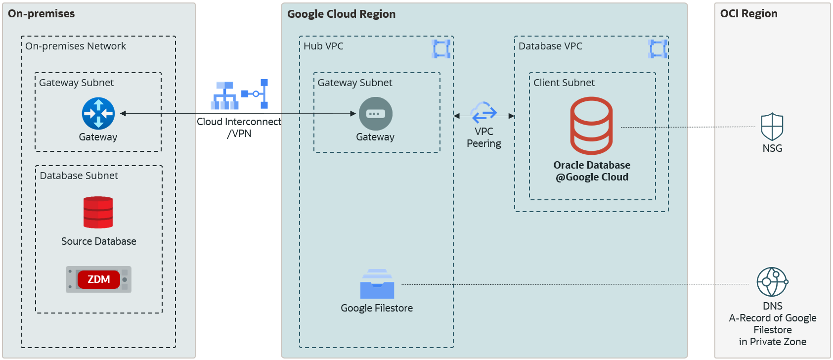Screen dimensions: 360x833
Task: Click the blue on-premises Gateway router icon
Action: (98, 113)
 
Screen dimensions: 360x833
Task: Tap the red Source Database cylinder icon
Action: (98, 212)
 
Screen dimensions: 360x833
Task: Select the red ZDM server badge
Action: (98, 279)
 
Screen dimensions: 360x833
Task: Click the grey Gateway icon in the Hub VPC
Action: (375, 114)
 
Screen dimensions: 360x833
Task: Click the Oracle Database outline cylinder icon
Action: (591, 126)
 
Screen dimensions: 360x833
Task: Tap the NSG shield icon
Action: (772, 127)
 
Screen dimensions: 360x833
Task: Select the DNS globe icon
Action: (772, 282)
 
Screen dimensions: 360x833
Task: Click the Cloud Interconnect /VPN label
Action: (239, 128)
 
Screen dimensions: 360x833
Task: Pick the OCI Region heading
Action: (748, 14)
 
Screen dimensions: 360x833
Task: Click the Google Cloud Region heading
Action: (341, 14)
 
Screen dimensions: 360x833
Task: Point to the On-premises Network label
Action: (76, 46)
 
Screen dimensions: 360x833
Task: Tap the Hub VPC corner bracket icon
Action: (441, 49)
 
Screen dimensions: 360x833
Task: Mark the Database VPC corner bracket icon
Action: (658, 49)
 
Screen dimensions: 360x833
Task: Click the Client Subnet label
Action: (564, 83)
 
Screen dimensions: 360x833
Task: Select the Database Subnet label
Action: (79, 176)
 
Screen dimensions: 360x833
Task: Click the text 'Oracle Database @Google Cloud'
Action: (592, 171)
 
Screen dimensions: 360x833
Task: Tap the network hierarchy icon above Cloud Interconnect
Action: (225, 95)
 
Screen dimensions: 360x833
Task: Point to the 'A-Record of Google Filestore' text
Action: (772, 324)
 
